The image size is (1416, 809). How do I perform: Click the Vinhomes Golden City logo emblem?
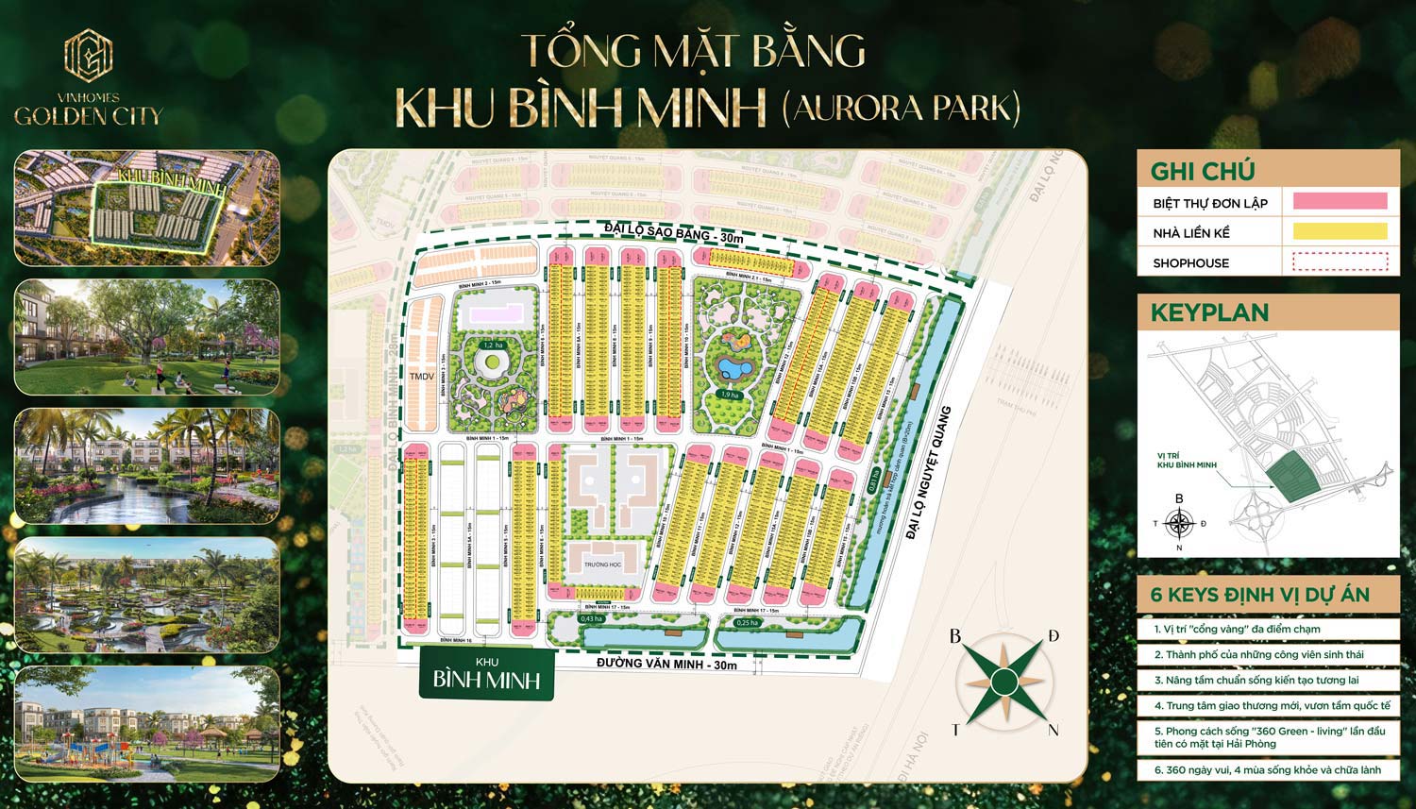[x=88, y=56]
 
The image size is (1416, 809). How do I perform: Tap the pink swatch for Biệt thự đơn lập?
[x=1339, y=201]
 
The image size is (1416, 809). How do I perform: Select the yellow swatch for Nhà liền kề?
[x=1339, y=231]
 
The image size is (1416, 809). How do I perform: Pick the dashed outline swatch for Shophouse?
[x=1339, y=261]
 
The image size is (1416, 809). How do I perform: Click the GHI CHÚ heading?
[x=1202, y=171]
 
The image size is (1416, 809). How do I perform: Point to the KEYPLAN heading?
[x=1209, y=312]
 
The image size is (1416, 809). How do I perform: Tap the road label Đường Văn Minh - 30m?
[x=666, y=665]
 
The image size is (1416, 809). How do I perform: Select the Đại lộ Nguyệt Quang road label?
[x=930, y=473]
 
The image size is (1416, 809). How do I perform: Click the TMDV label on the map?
[x=421, y=376]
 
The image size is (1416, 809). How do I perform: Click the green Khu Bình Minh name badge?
[x=486, y=673]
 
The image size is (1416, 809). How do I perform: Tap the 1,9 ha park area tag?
[x=727, y=395]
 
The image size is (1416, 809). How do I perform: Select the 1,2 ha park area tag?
[x=492, y=346]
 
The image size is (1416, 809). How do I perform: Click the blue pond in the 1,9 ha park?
[x=731, y=365]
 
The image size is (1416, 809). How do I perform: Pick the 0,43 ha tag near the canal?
[x=591, y=618]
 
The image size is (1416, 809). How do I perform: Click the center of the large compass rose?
[x=1004, y=680]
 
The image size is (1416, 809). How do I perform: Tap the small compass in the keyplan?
[x=1179, y=522]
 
